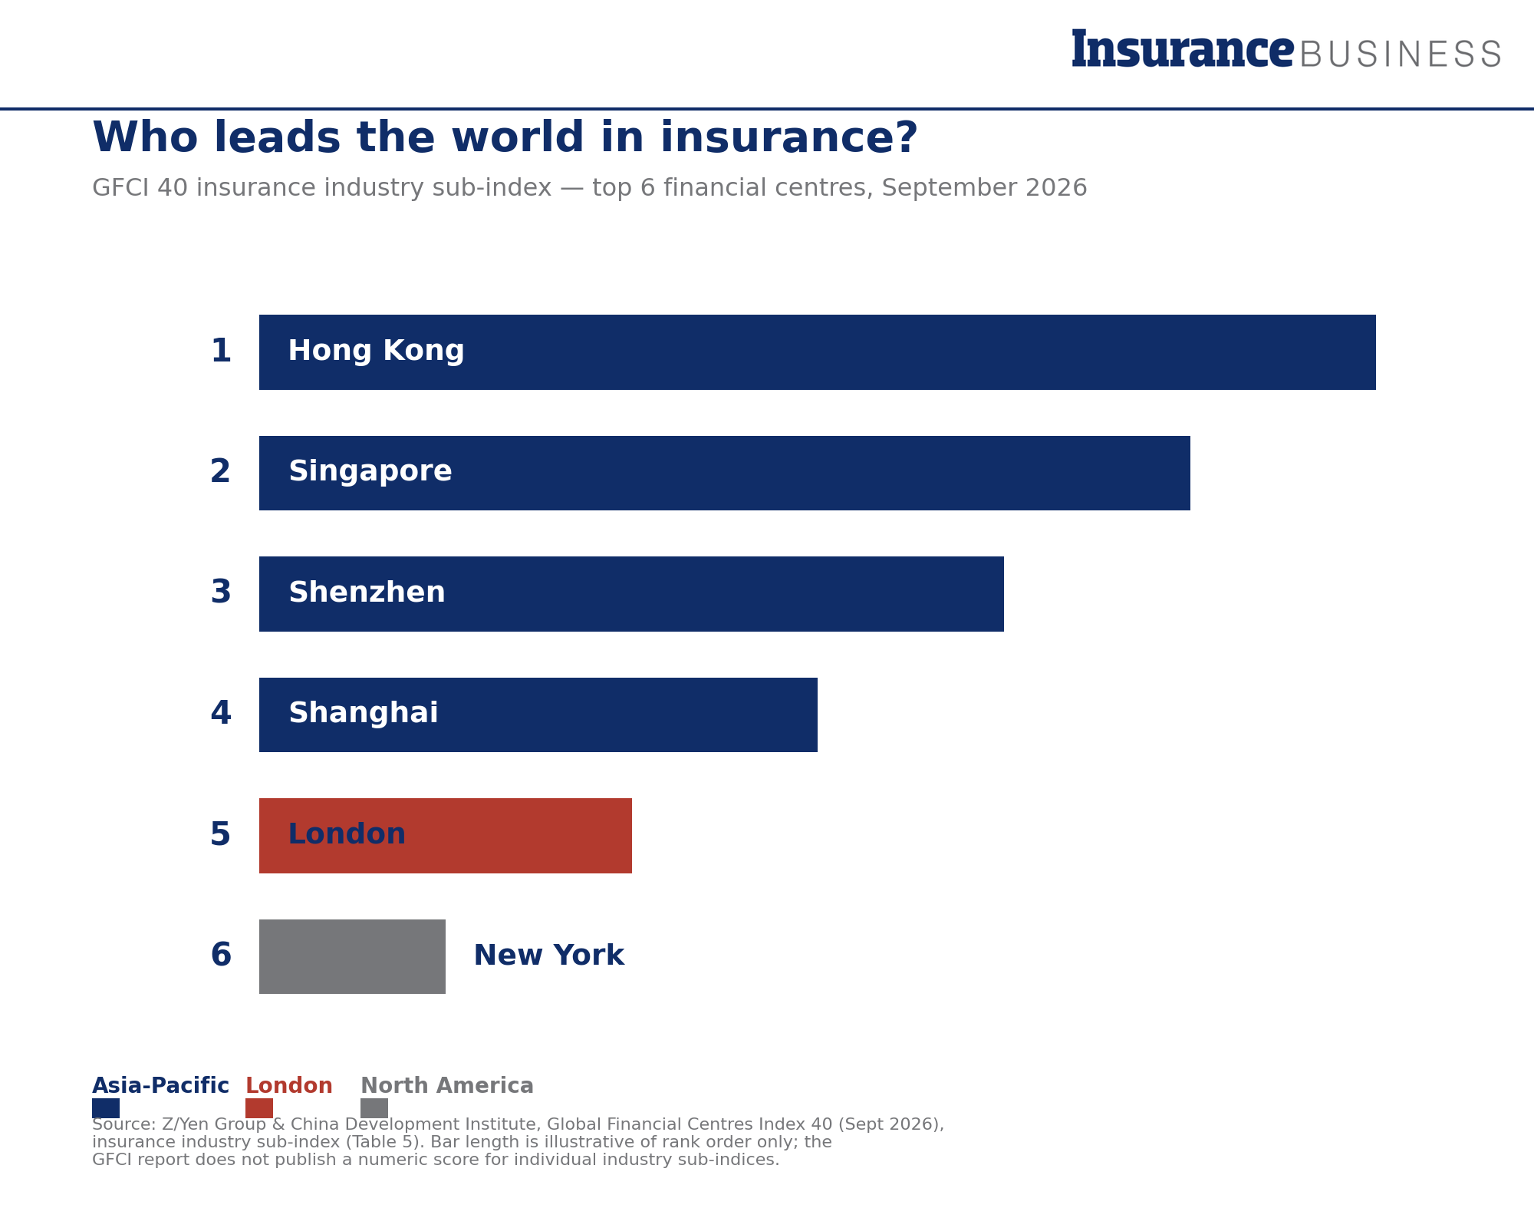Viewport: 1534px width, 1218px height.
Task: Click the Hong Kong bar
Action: click(818, 352)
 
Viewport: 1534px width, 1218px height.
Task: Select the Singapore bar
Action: click(725, 473)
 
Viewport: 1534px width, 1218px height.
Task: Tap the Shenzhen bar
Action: click(631, 594)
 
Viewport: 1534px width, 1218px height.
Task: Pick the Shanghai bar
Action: click(538, 715)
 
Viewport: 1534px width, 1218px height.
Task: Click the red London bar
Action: click(446, 836)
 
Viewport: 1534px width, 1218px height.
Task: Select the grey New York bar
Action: click(352, 956)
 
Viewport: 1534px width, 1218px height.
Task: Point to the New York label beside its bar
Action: click(549, 956)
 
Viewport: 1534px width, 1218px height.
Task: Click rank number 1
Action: click(221, 352)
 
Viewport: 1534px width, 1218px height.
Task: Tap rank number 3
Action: click(221, 592)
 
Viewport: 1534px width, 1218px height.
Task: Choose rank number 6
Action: click(221, 956)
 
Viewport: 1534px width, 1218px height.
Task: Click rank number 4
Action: click(221, 714)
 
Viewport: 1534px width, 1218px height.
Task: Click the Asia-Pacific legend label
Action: click(160, 1086)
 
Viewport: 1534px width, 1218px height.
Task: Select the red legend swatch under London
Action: click(259, 1108)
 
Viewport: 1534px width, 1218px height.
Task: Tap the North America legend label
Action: click(447, 1086)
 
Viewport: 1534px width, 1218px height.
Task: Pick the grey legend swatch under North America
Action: click(374, 1108)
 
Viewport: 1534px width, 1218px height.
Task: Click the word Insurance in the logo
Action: click(1183, 48)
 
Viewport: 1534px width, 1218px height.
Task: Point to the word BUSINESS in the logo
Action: click(1401, 54)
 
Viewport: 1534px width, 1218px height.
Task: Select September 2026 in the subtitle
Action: click(984, 188)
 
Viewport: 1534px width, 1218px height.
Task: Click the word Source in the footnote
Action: click(123, 1124)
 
